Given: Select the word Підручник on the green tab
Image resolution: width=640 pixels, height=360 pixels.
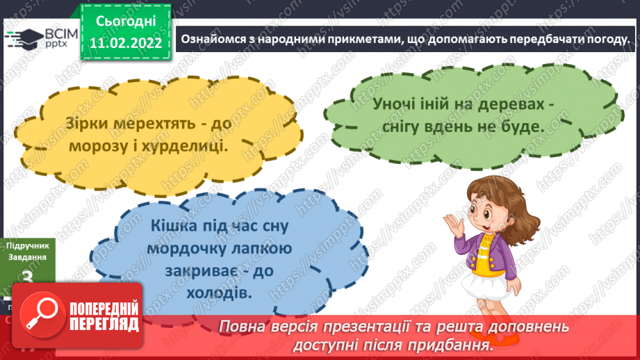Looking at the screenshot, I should tap(26, 245).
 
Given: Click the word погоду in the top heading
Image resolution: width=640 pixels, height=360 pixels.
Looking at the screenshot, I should tap(605, 39).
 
